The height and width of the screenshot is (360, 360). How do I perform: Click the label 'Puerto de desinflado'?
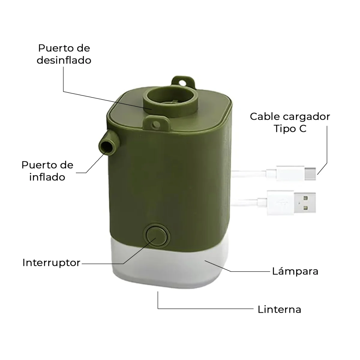(x=64, y=54)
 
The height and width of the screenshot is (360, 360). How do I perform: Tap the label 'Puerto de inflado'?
(x=47, y=171)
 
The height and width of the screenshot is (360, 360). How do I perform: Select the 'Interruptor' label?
(x=51, y=262)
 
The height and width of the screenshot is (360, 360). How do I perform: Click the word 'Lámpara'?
(x=295, y=271)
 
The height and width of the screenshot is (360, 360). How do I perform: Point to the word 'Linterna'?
(x=279, y=309)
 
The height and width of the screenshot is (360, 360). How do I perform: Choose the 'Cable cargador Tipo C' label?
(x=290, y=122)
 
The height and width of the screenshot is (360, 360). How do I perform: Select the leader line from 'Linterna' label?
(x=204, y=308)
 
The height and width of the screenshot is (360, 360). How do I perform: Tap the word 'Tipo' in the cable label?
(x=283, y=128)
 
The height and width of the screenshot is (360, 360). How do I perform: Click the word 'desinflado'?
(x=64, y=60)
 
